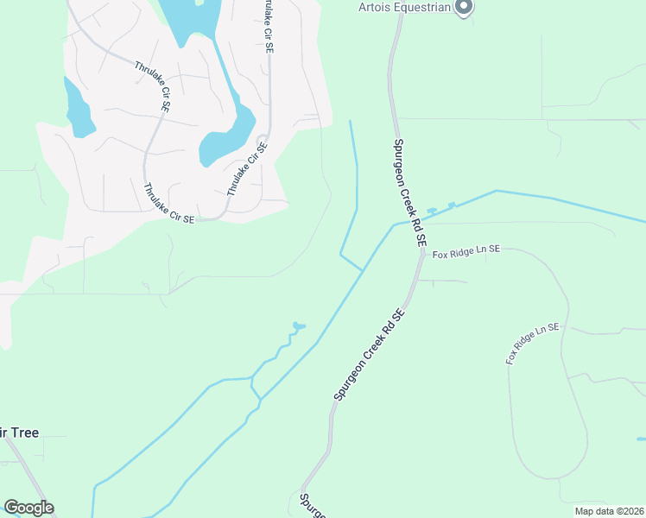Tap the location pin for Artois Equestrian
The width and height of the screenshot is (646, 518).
[x=464, y=7]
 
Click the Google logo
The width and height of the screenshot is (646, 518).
[x=28, y=508]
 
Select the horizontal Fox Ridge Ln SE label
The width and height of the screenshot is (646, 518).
[x=466, y=252]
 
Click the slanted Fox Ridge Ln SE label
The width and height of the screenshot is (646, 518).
[x=533, y=343]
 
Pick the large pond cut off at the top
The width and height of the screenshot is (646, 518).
[x=193, y=17]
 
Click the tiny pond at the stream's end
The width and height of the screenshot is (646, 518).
[x=299, y=326]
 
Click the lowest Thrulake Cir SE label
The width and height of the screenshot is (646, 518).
[x=169, y=204]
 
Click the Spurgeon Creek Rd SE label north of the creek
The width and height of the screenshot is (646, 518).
[x=408, y=194]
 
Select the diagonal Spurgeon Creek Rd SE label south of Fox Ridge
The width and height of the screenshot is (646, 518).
[x=370, y=356]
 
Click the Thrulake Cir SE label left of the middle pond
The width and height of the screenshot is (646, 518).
[x=152, y=86]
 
